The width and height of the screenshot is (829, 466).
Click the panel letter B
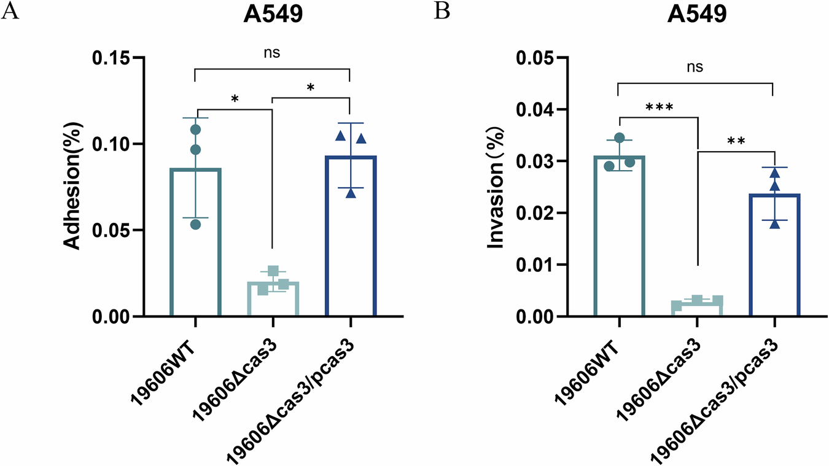pos(442,12)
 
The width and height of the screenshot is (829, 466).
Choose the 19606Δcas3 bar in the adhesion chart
pos(273,299)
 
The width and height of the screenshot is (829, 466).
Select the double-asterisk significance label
pos(735,141)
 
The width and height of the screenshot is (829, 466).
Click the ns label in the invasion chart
pos(695,67)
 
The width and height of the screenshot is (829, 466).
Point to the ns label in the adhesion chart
pos(272,53)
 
